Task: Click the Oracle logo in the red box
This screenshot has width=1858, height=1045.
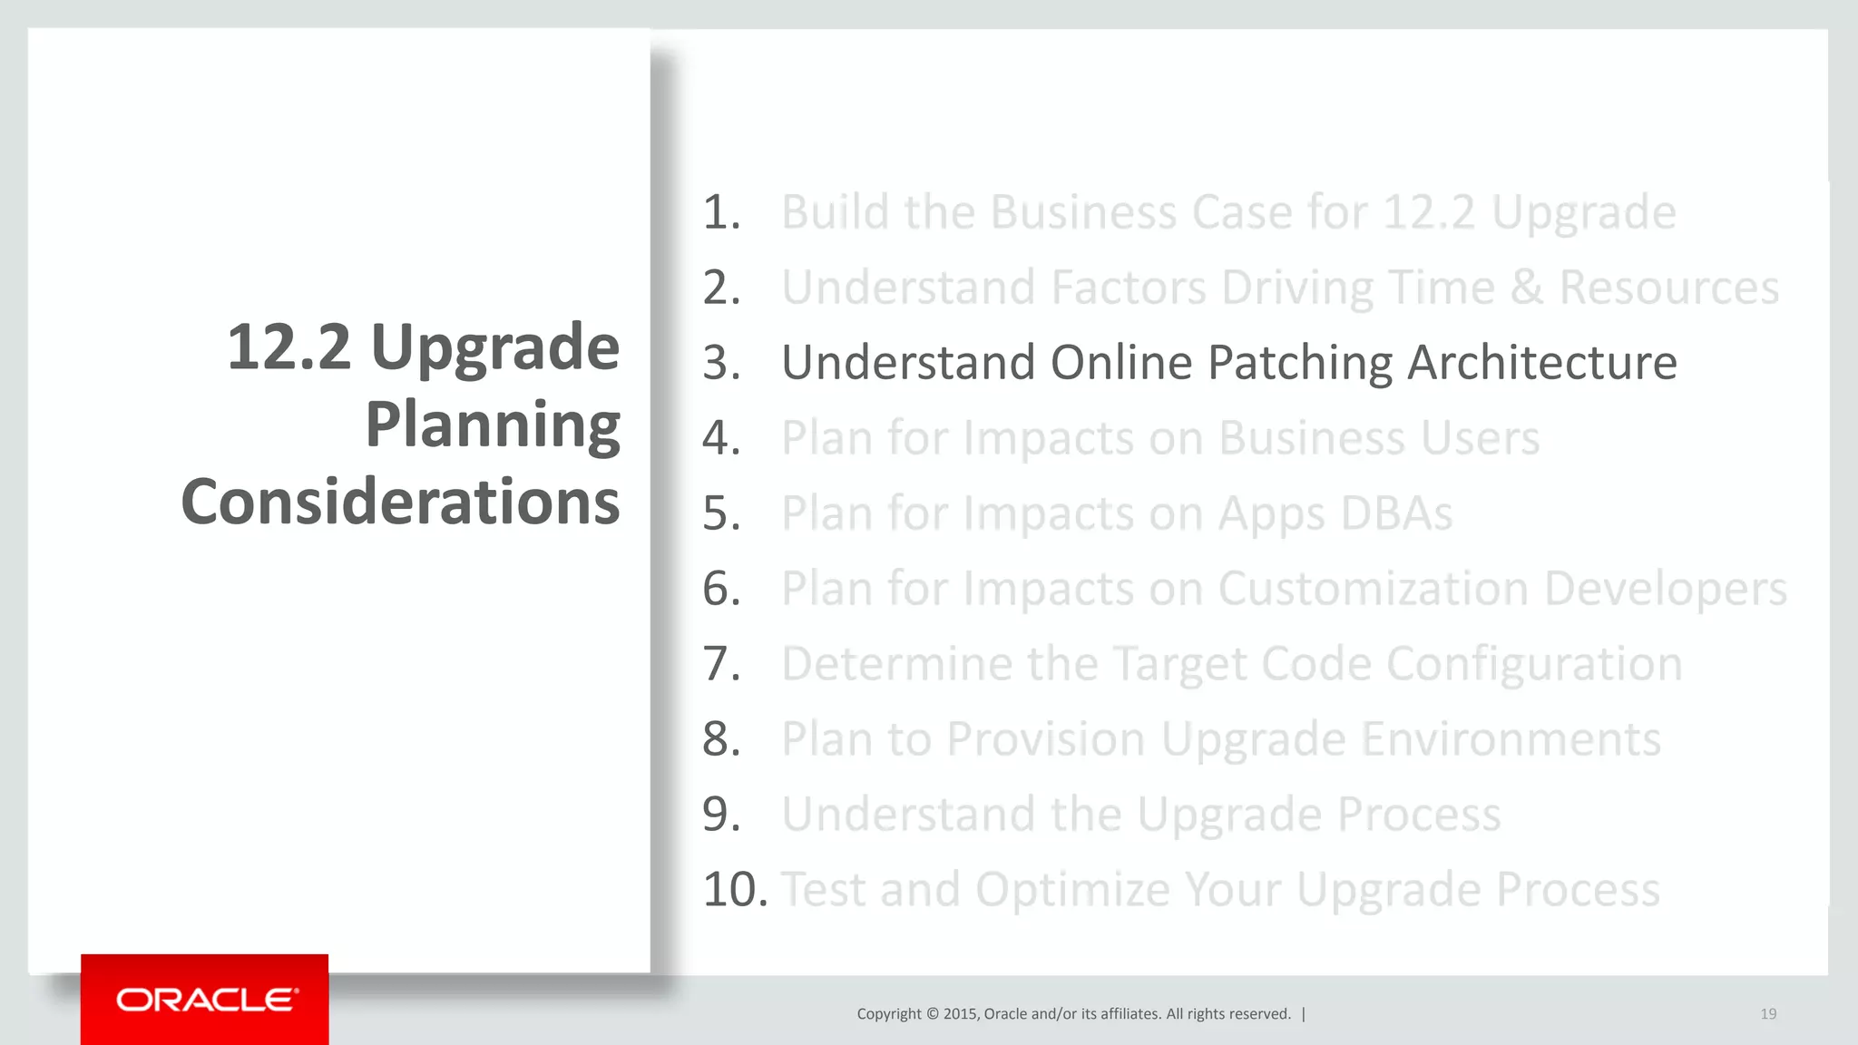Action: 206,1000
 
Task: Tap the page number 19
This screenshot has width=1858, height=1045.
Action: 1768,1014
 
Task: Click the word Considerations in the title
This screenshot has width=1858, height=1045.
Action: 400,502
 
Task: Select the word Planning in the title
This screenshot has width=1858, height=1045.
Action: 493,425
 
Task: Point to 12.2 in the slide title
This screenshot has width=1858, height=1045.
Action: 288,347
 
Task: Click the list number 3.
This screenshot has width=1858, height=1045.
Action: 721,363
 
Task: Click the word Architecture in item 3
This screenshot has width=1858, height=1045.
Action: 1541,363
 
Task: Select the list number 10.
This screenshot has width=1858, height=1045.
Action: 735,889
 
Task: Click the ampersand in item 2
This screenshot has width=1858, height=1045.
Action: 1527,288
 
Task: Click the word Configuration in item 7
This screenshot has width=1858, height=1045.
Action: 1533,664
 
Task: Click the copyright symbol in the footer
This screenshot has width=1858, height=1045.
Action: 932,1014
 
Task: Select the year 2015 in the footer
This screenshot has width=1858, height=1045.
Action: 960,1014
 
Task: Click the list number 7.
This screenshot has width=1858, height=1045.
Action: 721,664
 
